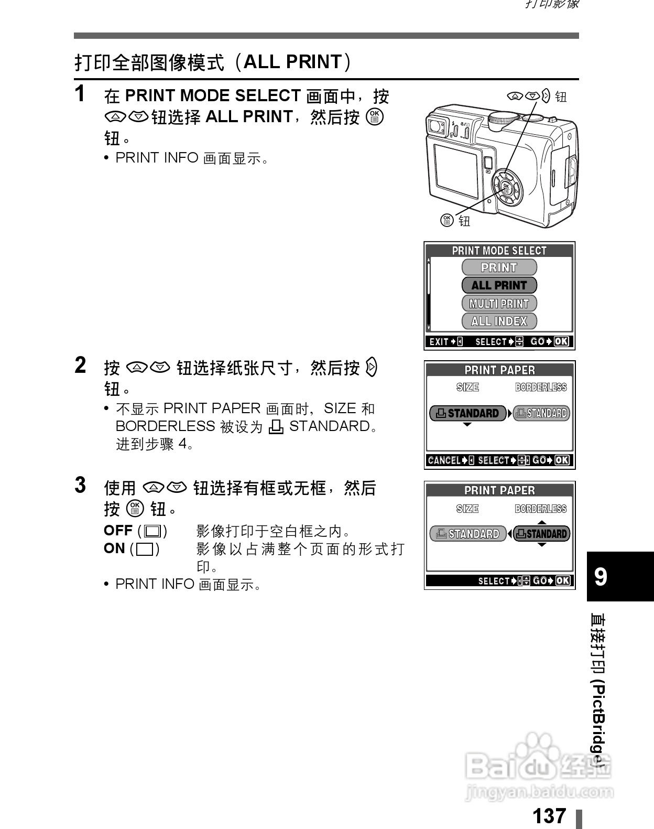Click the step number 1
80,94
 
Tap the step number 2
80,365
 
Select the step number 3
80,486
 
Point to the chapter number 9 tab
601,576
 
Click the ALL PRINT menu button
499,285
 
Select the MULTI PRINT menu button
499,303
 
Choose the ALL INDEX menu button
499,321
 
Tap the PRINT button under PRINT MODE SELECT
499,267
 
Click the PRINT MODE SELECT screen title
499,251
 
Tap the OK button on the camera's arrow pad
506,187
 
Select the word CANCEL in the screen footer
444,460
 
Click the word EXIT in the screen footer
439,342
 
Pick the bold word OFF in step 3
118,531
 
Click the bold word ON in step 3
114,548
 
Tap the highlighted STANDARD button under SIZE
467,413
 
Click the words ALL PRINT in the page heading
293,62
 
